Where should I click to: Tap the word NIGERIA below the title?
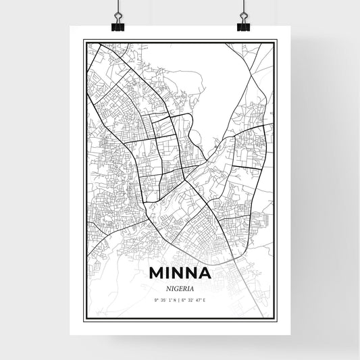[x=180, y=287]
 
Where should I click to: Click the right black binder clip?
[x=242, y=25]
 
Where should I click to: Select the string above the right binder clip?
[x=242, y=8]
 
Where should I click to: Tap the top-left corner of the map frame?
[x=84, y=41]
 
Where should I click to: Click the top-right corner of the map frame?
[x=276, y=41]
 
